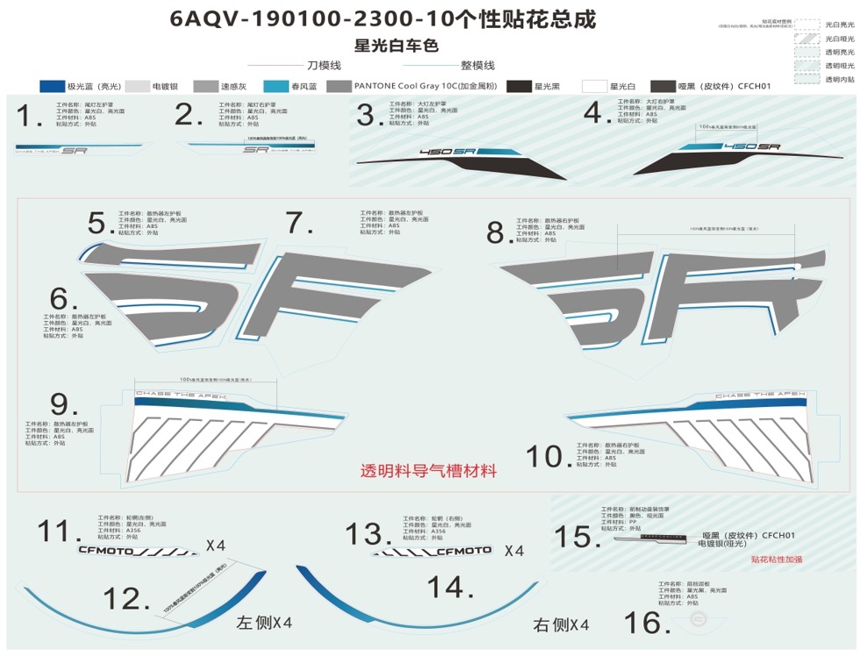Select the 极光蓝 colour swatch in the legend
(x=54, y=87)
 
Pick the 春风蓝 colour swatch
(x=277, y=87)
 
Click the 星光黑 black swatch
(x=520, y=87)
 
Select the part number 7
(x=299, y=223)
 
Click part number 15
(x=576, y=536)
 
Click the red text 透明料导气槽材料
(x=428, y=471)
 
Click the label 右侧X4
(x=561, y=624)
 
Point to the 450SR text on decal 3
(x=447, y=153)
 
